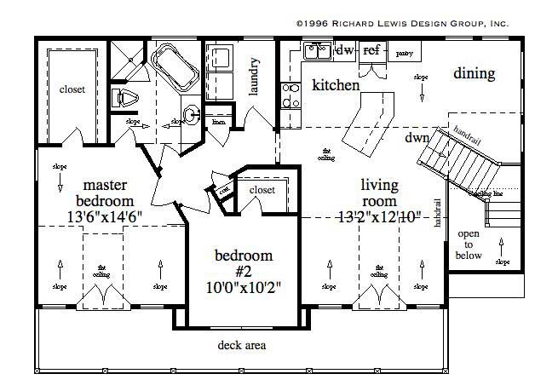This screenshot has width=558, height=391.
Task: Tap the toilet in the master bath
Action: click(x=129, y=97)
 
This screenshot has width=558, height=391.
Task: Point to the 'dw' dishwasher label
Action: click(x=345, y=51)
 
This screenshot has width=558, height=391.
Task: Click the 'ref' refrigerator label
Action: click(x=371, y=51)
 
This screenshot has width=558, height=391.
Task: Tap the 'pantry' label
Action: click(x=403, y=53)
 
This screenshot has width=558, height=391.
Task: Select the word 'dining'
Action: click(x=474, y=73)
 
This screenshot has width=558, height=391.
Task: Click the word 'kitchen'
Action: click(x=336, y=85)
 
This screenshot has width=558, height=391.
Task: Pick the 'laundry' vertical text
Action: click(x=255, y=74)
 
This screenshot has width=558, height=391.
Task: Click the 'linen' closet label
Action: click(x=218, y=123)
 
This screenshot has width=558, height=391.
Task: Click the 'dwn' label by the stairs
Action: click(x=417, y=137)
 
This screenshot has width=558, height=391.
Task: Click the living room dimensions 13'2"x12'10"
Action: click(x=379, y=216)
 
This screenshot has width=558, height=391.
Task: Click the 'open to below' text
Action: click(x=469, y=244)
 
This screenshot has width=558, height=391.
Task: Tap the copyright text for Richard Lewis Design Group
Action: click(x=401, y=25)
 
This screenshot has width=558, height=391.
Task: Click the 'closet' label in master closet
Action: click(x=71, y=89)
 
